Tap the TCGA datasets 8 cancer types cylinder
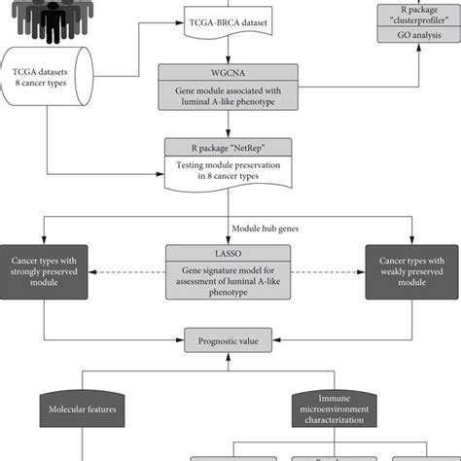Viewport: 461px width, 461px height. click(48, 77)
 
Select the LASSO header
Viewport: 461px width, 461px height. click(230, 251)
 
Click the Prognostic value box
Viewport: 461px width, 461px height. click(230, 339)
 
